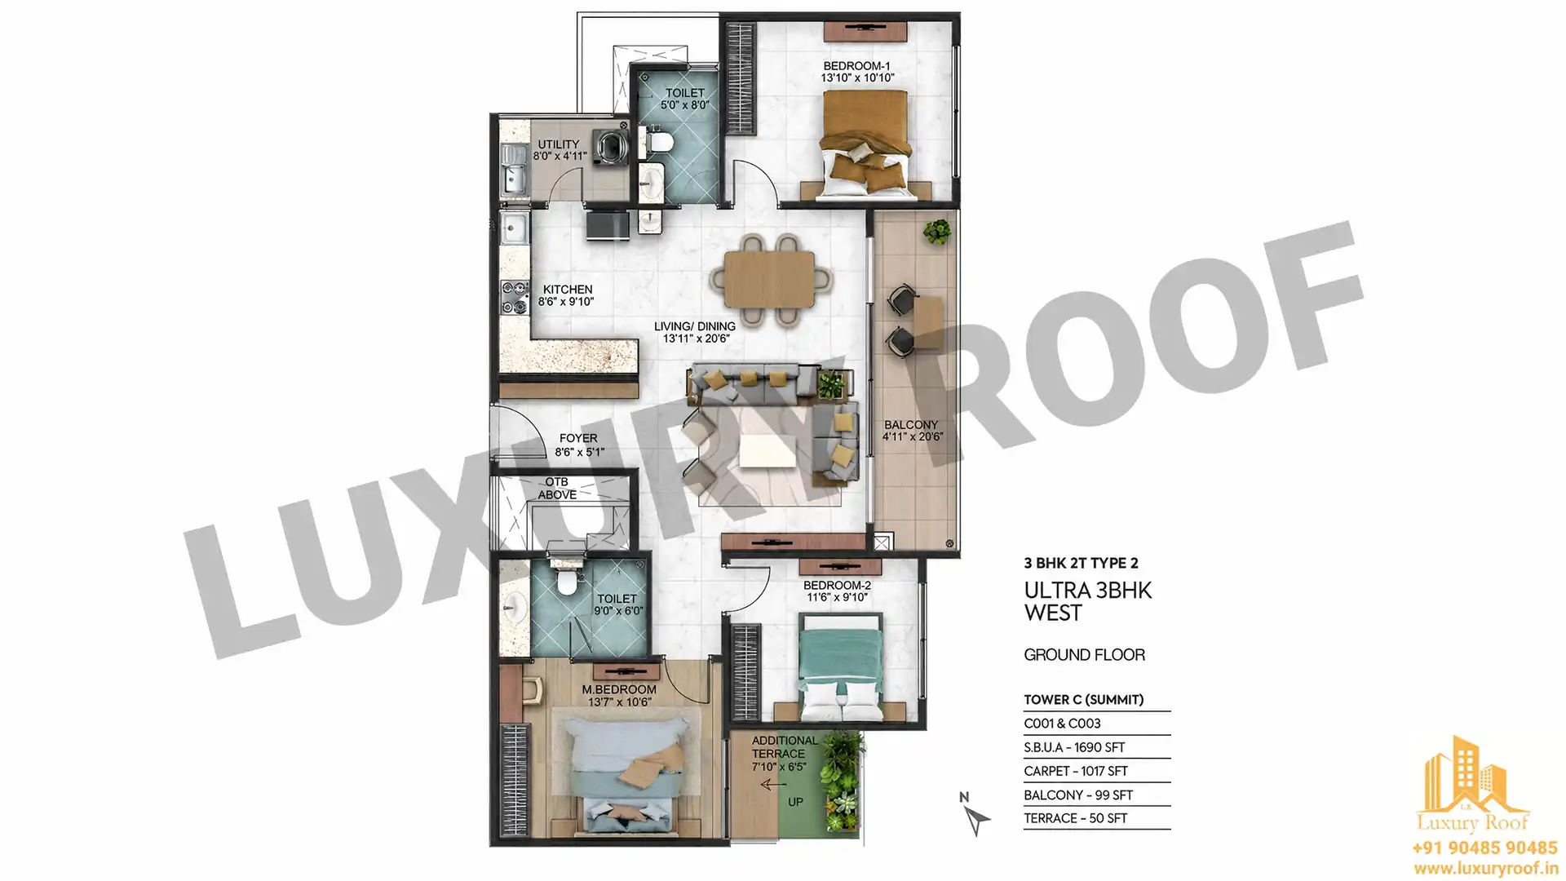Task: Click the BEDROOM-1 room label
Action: (856, 66)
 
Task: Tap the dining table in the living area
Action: (769, 280)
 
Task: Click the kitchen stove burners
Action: (515, 298)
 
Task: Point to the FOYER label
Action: (578, 439)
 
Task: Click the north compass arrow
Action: (975, 818)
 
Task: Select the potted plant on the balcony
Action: (937, 231)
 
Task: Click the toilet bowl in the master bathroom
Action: (564, 582)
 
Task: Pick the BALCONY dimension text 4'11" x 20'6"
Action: (912, 436)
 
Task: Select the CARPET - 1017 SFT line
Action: (1076, 771)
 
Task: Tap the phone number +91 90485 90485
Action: (1484, 848)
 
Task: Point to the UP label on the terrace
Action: (795, 803)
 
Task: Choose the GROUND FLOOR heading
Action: (1084, 655)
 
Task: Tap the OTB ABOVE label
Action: (557, 489)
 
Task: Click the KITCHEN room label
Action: (568, 290)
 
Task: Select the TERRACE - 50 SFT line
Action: (1076, 818)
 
